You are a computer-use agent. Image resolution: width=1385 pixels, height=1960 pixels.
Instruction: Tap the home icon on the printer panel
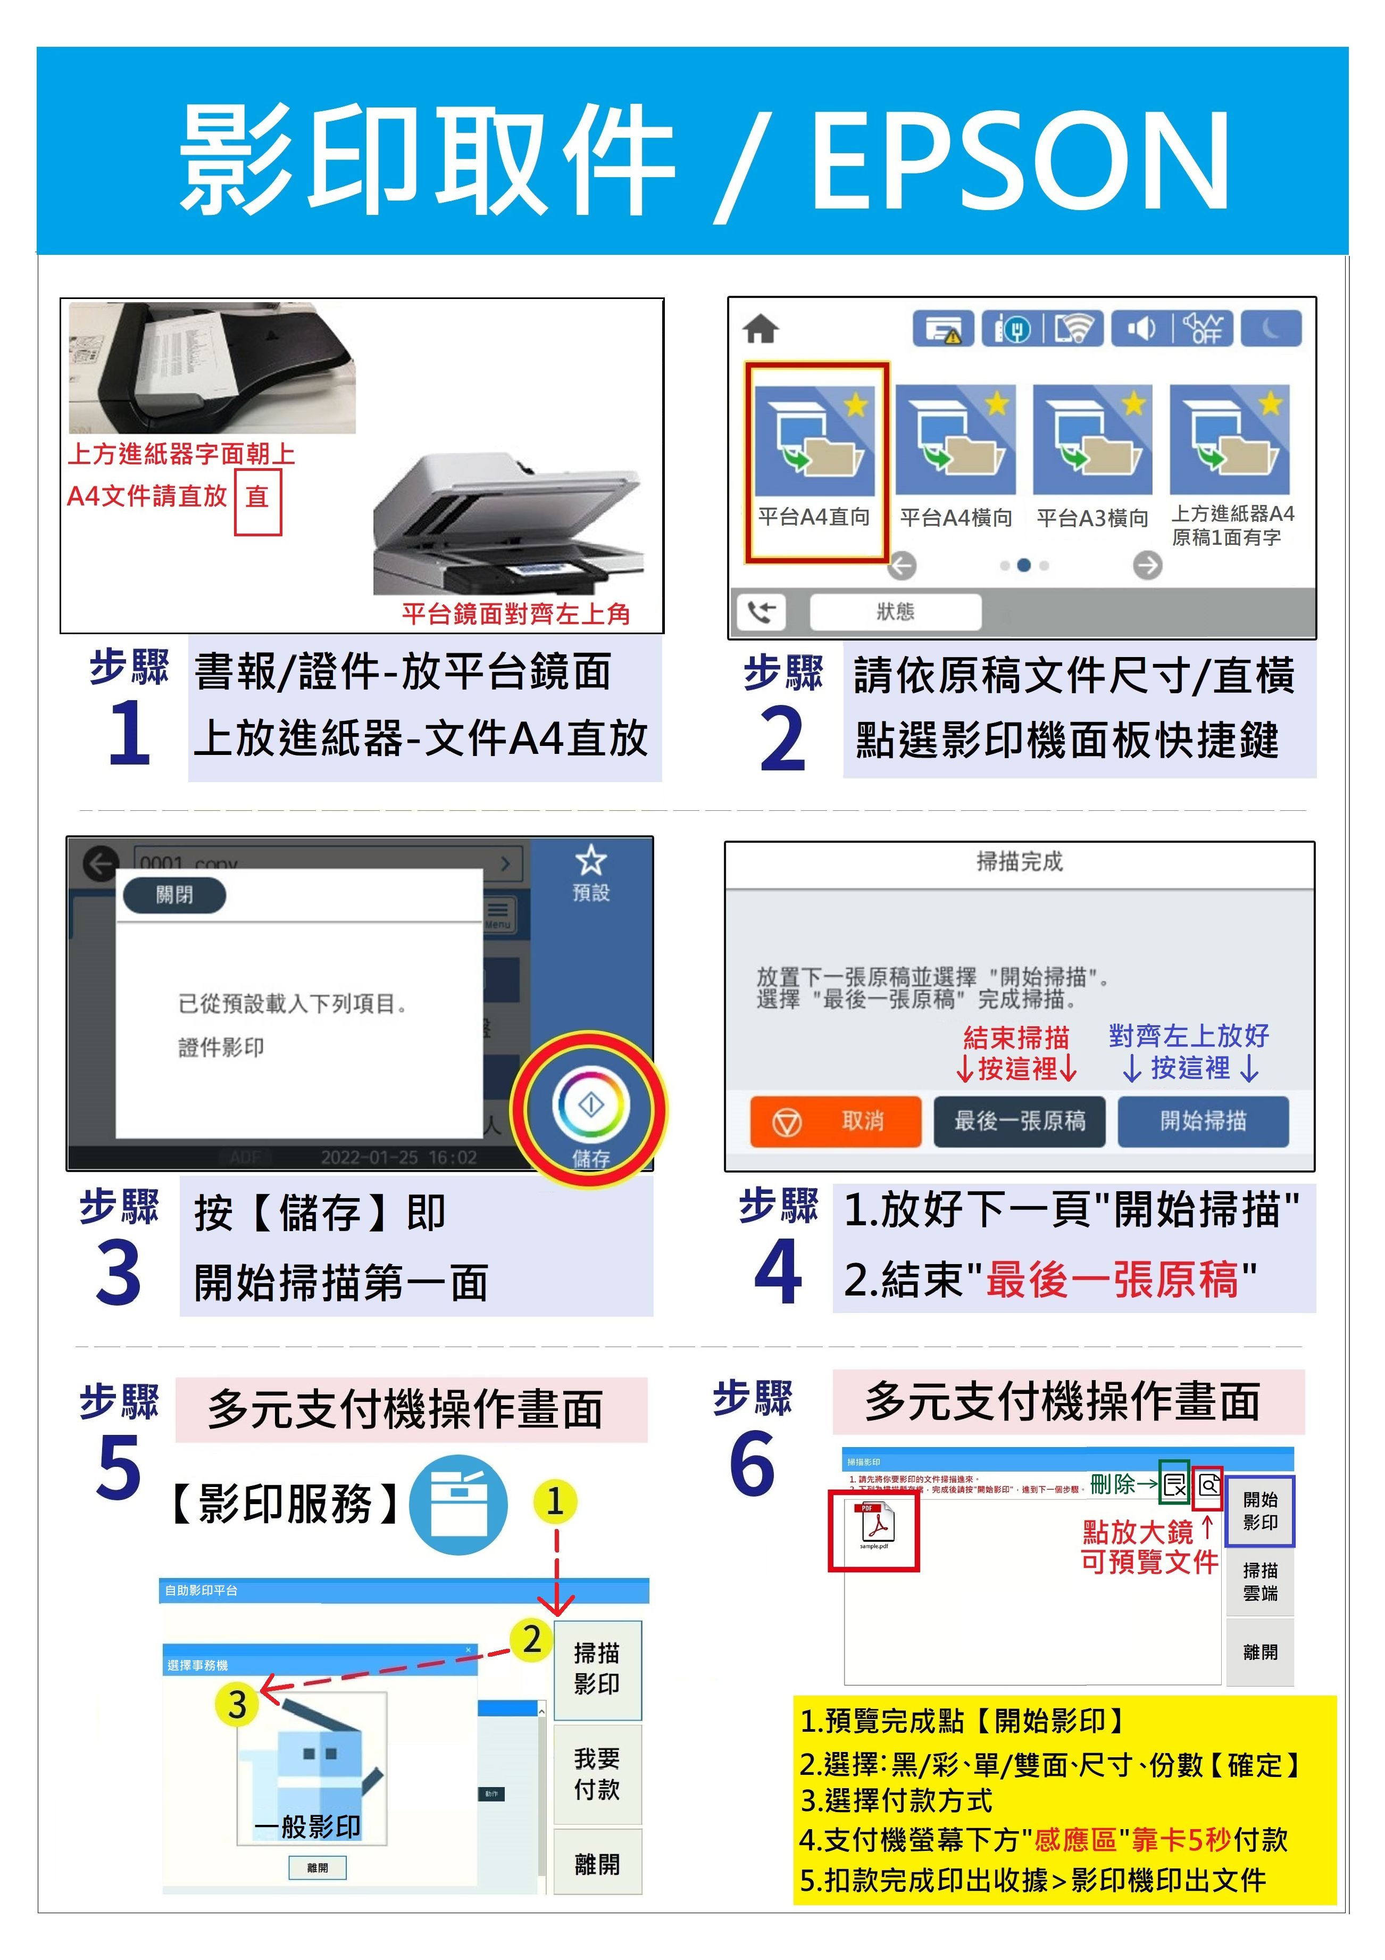(761, 329)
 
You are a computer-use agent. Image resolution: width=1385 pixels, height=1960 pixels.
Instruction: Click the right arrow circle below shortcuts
(1147, 565)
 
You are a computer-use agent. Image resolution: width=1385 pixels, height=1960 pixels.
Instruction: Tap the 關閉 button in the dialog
(174, 895)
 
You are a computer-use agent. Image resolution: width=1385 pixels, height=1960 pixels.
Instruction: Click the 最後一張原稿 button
(1019, 1121)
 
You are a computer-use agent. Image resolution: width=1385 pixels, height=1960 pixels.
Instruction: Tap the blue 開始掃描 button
(1203, 1121)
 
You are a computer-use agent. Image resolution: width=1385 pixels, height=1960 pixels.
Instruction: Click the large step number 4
(778, 1273)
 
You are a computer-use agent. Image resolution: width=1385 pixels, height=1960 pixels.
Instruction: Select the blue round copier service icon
(458, 1505)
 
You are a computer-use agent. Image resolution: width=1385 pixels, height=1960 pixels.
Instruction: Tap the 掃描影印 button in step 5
(597, 1669)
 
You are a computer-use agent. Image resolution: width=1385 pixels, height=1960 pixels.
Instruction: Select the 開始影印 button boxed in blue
(1259, 1511)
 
